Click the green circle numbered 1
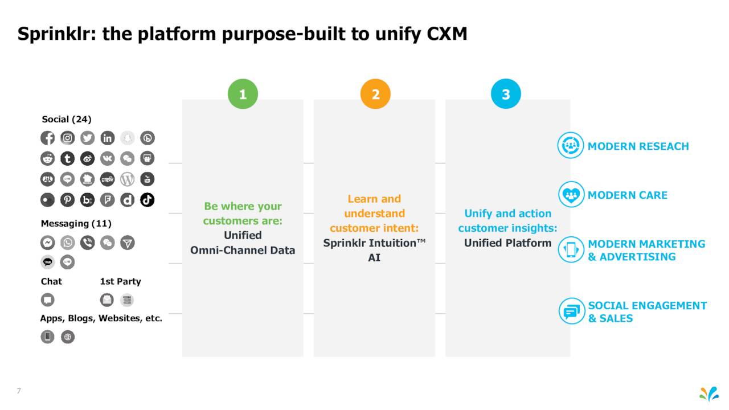pyautogui.click(x=243, y=94)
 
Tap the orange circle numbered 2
pyautogui.click(x=375, y=94)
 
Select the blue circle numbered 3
pyautogui.click(x=506, y=94)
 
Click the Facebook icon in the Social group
pyautogui.click(x=47, y=138)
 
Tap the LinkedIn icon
pyautogui.click(x=108, y=138)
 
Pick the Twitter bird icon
pyautogui.click(x=87, y=138)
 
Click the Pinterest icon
pyautogui.click(x=67, y=200)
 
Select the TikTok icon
pyautogui.click(x=147, y=200)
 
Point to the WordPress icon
pyautogui.click(x=127, y=179)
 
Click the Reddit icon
pyautogui.click(x=47, y=158)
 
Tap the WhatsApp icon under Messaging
pyautogui.click(x=67, y=243)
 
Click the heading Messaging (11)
pyautogui.click(x=76, y=224)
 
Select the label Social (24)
pyautogui.click(x=67, y=120)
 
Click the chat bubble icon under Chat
pyautogui.click(x=47, y=300)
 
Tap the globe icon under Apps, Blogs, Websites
pyautogui.click(x=68, y=337)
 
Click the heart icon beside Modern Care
pyautogui.click(x=571, y=194)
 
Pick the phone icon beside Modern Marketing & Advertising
pyautogui.click(x=571, y=249)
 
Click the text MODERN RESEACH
pyautogui.click(x=638, y=146)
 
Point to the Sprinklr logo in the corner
pyautogui.click(x=709, y=394)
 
